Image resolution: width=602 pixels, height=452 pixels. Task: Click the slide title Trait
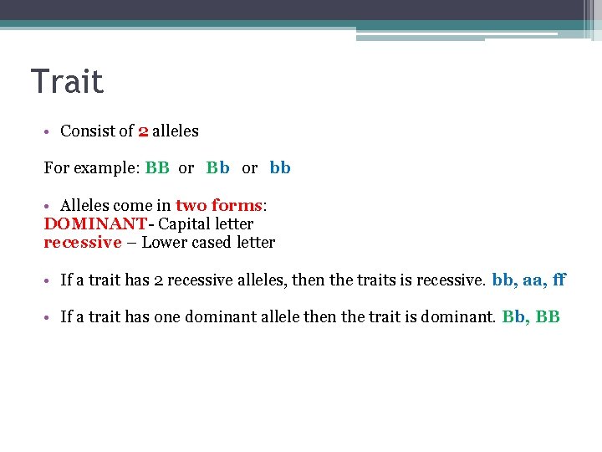pos(67,82)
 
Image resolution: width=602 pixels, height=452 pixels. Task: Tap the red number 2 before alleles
pos(143,131)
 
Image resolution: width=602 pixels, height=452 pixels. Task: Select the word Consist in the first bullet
pos(86,131)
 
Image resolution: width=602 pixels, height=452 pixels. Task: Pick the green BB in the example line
pos(157,167)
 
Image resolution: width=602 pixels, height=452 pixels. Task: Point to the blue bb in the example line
pos(280,167)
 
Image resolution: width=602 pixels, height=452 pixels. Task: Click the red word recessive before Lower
pos(83,243)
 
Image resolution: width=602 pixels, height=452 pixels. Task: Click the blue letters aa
pos(534,280)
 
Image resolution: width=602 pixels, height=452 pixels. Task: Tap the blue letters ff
pos(559,280)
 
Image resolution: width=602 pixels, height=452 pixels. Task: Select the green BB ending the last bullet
pos(548,317)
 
